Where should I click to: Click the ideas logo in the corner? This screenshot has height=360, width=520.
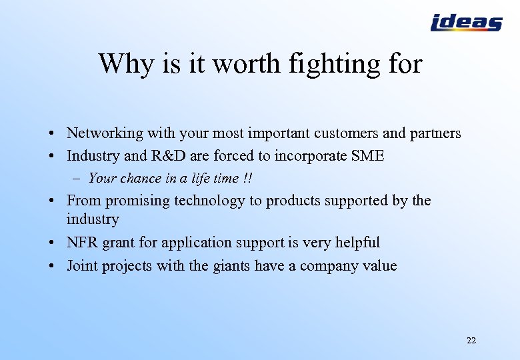466,23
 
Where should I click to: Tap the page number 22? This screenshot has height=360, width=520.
471,341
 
